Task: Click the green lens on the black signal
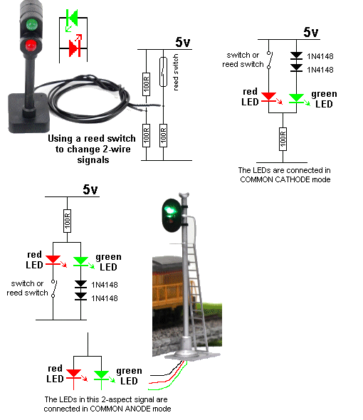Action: coord(32,24)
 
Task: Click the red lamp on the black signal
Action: coord(31,46)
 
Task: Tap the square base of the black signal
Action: coord(29,112)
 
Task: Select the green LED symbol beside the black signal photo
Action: coord(71,19)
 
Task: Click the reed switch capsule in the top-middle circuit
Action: coord(163,72)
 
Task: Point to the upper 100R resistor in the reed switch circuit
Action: coord(147,84)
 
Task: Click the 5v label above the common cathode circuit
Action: coord(311,33)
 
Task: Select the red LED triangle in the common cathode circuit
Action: coord(269,97)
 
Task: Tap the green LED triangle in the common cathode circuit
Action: coord(296,98)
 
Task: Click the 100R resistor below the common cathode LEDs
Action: coord(283,139)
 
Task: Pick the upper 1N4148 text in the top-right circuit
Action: coord(320,56)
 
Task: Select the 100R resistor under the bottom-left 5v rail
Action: coord(67,221)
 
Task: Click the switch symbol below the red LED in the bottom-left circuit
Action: coord(53,288)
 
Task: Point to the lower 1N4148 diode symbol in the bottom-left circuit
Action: coord(80,296)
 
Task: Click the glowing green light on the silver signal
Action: coord(171,211)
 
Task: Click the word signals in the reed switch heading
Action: coord(93,160)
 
